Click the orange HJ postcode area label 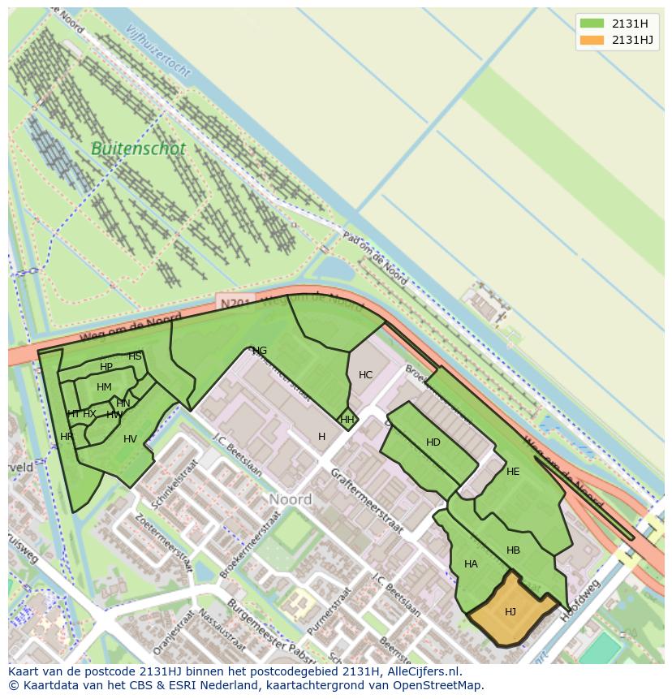(510, 612)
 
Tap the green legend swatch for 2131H (592, 23)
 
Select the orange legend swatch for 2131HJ (592, 40)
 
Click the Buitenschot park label (138, 149)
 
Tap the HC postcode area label (365, 375)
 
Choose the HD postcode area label (433, 442)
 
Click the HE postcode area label (512, 472)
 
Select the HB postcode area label (513, 550)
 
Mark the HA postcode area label (471, 564)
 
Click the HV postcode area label (130, 439)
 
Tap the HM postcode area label (104, 387)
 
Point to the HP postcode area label (106, 367)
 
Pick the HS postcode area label (135, 356)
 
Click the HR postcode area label (67, 437)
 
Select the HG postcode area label (260, 351)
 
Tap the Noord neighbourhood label (290, 499)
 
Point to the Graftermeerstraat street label (367, 500)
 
